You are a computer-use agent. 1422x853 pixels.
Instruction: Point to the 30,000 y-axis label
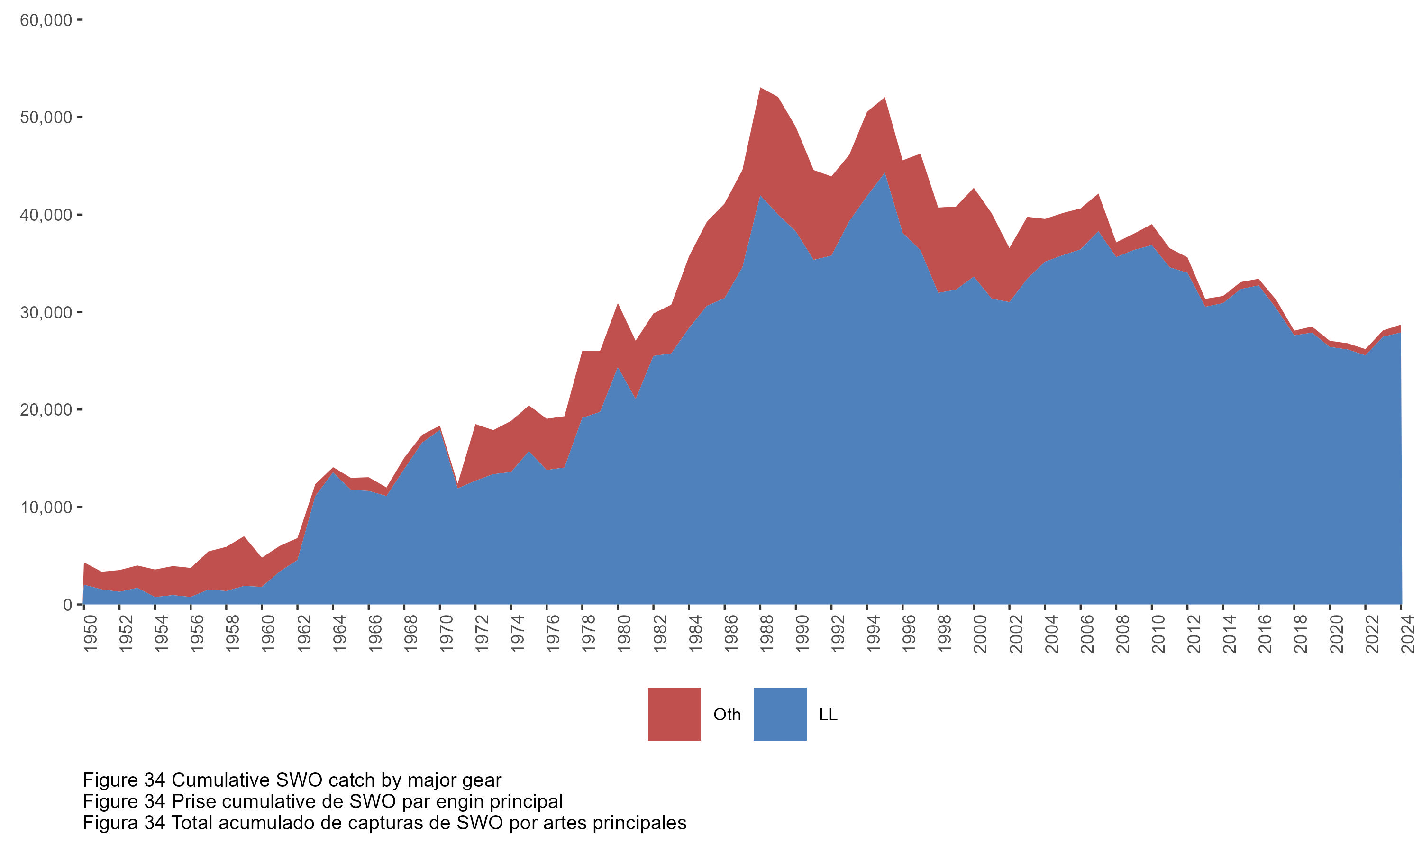click(x=46, y=313)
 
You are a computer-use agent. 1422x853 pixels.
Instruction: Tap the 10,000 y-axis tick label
click(x=46, y=508)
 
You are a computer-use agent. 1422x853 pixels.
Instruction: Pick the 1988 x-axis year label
click(x=767, y=634)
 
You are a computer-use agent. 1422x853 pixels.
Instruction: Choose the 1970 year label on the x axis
click(x=447, y=634)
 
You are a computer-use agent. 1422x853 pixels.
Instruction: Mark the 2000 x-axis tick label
click(x=981, y=634)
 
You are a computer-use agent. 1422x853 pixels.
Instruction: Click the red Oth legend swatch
click(x=674, y=714)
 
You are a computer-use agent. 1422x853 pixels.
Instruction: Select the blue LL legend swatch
click(x=779, y=714)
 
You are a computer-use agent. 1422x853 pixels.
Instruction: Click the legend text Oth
click(x=727, y=715)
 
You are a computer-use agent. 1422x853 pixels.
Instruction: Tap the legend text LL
click(x=828, y=715)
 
